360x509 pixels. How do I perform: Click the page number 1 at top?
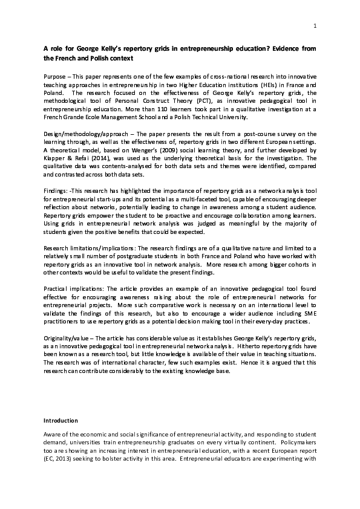[316, 25]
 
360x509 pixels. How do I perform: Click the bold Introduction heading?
[61, 420]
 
